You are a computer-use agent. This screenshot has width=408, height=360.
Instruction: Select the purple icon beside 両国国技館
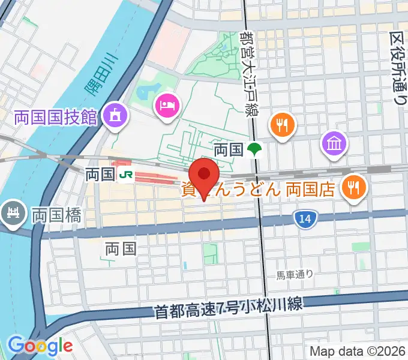114,115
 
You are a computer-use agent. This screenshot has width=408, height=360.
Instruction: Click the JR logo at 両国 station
126,175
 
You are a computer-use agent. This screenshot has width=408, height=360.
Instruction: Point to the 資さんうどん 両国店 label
258,190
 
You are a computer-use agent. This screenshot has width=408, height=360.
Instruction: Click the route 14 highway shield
305,220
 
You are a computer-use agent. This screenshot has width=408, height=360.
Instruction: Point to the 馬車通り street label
295,275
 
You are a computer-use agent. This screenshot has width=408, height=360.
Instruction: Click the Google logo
40,346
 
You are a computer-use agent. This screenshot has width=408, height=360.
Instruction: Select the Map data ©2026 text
358,350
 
